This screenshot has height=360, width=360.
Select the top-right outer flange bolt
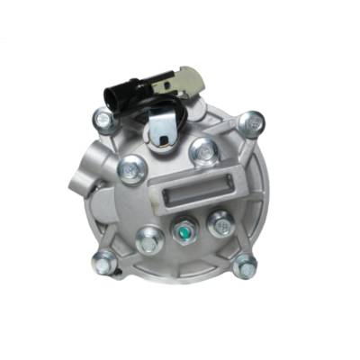[x=255, y=120]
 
